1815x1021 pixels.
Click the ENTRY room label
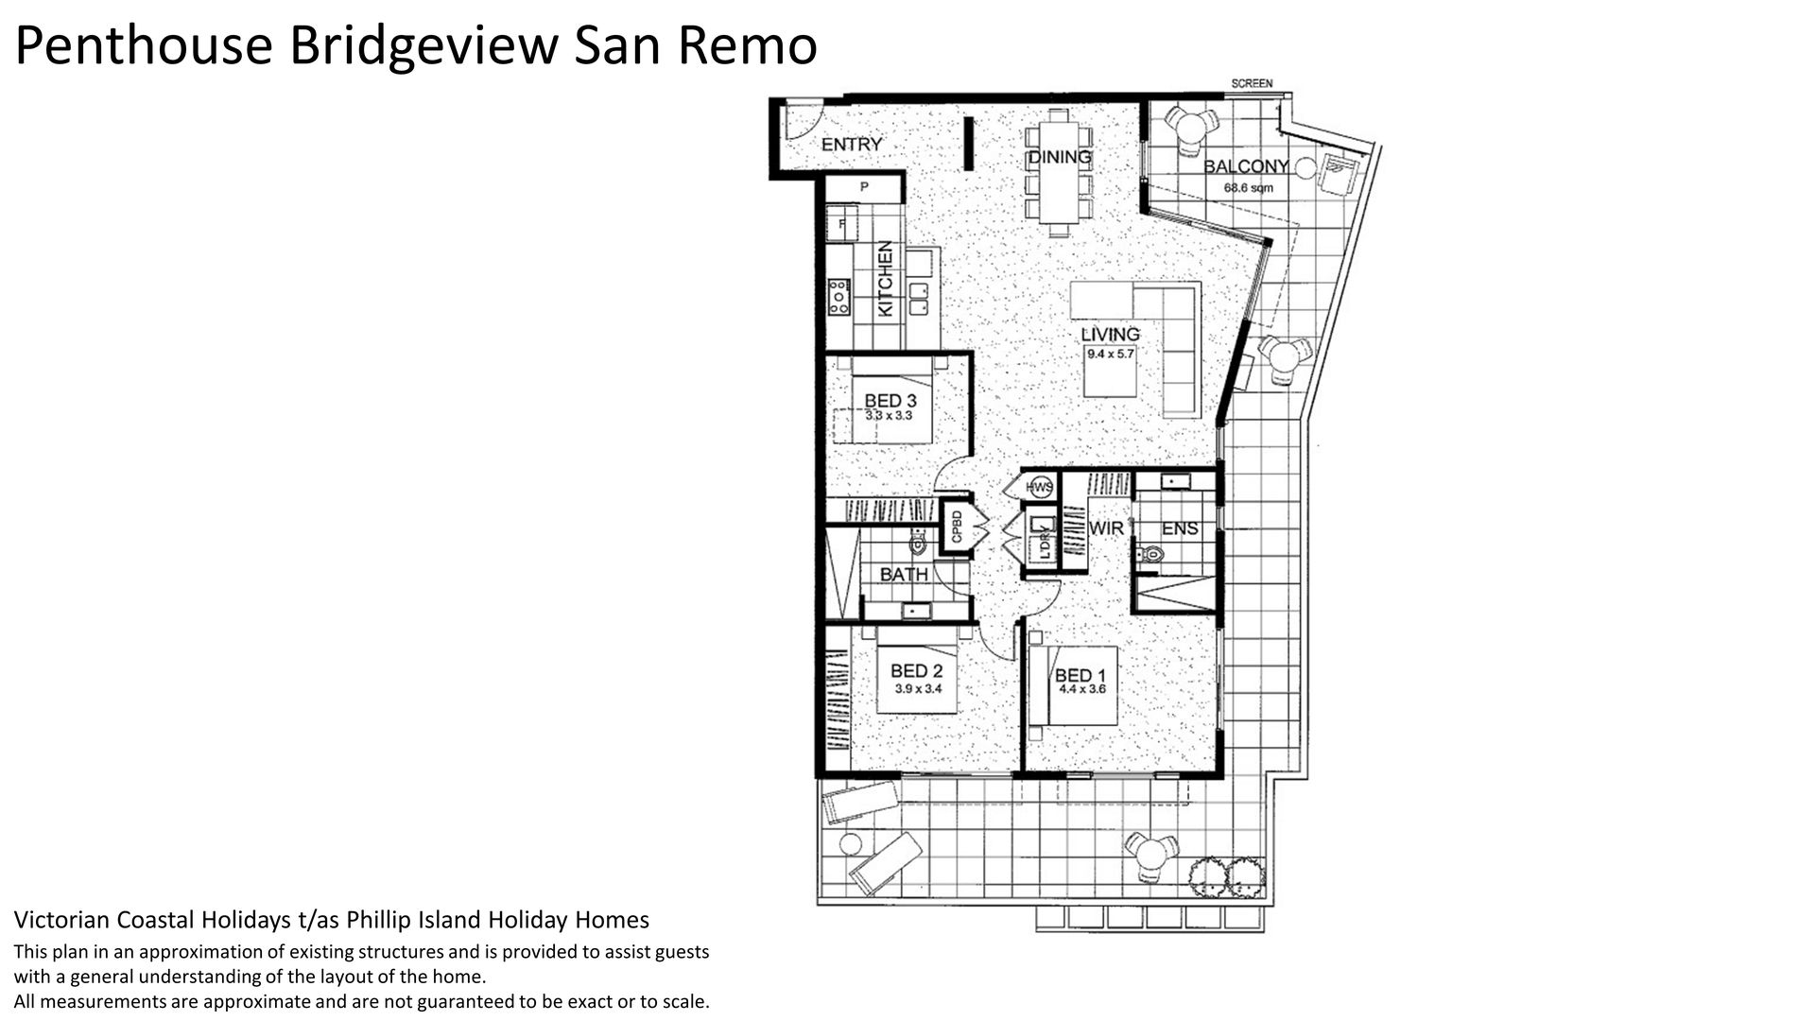tap(851, 145)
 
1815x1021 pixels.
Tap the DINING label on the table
tap(1059, 158)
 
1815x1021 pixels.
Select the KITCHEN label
tap(224, 279)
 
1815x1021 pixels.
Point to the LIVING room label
tap(1111, 335)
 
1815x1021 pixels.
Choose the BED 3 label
tap(890, 402)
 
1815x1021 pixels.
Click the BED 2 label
tap(917, 672)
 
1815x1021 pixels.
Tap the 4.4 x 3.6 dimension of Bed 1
tap(1082, 690)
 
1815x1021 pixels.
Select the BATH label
tap(905, 575)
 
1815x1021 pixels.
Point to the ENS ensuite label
tap(1180, 529)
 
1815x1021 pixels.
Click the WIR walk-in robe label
tap(1107, 528)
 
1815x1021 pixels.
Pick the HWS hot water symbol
tap(1039, 488)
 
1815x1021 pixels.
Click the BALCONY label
tap(1246, 167)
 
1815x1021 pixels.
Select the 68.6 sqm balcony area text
tap(1249, 188)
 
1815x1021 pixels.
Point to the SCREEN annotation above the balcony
tap(1252, 84)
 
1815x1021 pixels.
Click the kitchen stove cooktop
tap(177, 296)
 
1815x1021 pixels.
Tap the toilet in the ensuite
tap(1149, 555)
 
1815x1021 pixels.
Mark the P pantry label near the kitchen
tap(863, 188)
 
